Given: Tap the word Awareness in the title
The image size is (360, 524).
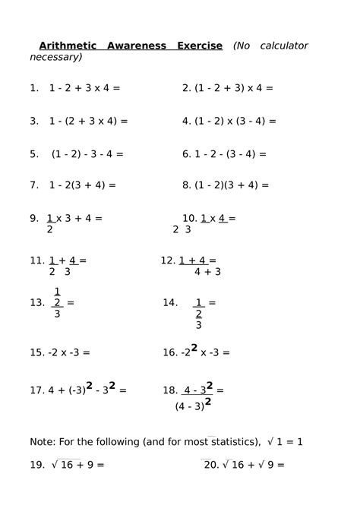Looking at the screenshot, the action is tap(137, 46).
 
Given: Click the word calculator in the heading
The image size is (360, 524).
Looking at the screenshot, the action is tap(283, 46).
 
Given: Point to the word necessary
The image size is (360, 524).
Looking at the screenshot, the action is tap(55, 57).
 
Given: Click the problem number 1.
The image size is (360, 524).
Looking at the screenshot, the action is tap(33, 88).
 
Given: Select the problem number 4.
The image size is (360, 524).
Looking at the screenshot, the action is tap(186, 121).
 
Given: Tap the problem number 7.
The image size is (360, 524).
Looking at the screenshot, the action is tap(34, 185).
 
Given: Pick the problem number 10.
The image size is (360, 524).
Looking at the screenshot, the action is tap(189, 219).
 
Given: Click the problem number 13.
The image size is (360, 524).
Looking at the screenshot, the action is tap(37, 302).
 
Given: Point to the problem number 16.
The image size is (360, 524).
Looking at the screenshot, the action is tap(169, 352).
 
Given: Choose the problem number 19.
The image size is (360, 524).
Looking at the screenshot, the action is tap(37, 465).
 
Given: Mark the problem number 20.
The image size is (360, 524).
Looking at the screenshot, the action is tap(212, 465).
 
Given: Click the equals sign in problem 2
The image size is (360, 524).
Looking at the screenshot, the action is tap(270, 88).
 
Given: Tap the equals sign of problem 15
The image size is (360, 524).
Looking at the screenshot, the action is tap(86, 352).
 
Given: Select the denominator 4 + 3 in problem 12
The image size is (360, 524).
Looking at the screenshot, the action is tap(207, 271).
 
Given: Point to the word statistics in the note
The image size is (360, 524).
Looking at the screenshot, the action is tap(232, 441).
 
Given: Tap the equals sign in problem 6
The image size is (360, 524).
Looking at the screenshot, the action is tap(263, 153).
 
